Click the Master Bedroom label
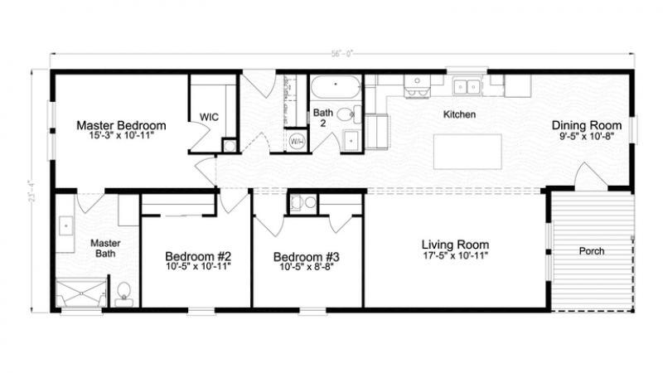pyautogui.click(x=121, y=125)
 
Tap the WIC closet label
pyautogui.click(x=208, y=117)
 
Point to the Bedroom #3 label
pyautogui.click(x=307, y=256)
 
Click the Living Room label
pyautogui.click(x=455, y=245)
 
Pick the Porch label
pyautogui.click(x=591, y=251)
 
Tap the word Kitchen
pyautogui.click(x=459, y=114)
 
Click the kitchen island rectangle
pyautogui.click(x=467, y=152)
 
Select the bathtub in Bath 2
pyautogui.click(x=335, y=86)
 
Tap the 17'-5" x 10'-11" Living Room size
pyautogui.click(x=455, y=257)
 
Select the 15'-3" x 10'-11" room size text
pyautogui.click(x=121, y=136)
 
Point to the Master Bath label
pyautogui.click(x=105, y=249)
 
